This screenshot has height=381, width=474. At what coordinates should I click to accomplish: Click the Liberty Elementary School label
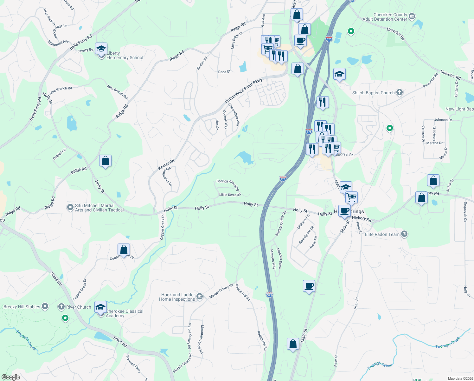tap(125, 56)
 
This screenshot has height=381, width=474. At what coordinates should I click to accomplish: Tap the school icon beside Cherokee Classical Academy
tap(101, 307)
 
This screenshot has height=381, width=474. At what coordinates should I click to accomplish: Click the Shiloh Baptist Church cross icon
tap(400, 92)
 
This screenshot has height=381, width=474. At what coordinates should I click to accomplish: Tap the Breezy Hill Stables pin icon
tap(45, 306)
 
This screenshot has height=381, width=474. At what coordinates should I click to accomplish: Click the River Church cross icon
tap(61, 307)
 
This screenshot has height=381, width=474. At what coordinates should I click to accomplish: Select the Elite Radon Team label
tap(382, 235)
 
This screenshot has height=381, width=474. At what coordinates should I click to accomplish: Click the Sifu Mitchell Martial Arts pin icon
tap(70, 208)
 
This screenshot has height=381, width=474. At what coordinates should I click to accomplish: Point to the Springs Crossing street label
tap(228, 184)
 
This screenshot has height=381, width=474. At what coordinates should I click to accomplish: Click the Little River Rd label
tap(230, 195)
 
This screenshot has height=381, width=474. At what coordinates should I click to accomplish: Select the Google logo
tap(11, 377)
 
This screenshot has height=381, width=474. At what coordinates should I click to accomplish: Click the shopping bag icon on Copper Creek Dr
tap(124, 250)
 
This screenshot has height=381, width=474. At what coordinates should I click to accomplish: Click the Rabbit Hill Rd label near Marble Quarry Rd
tap(243, 292)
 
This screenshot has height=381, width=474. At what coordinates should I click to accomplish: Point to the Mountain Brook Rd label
tap(202, 339)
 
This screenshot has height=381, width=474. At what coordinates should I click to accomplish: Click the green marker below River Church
tap(65, 318)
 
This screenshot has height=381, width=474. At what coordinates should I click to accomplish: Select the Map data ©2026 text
tap(459, 378)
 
